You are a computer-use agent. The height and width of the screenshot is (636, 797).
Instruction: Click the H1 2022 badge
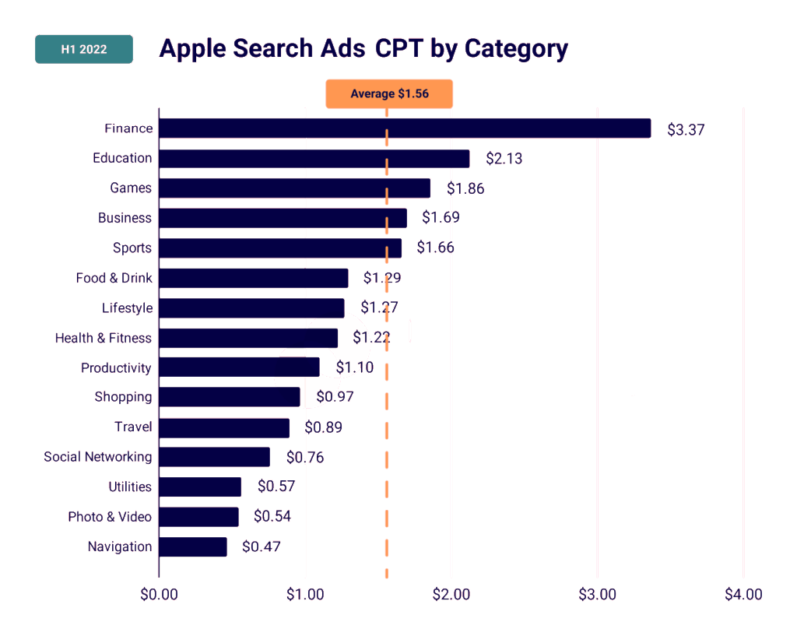click(84, 50)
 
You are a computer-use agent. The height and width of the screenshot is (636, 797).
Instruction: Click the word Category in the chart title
click(516, 48)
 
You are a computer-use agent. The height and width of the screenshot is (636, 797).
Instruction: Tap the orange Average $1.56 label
click(389, 93)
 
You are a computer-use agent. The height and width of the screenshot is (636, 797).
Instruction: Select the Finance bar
click(405, 128)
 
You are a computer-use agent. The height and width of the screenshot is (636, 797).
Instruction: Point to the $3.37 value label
click(686, 130)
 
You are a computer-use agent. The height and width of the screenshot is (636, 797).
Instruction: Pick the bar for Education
click(314, 159)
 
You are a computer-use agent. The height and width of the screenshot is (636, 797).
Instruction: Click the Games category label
click(131, 188)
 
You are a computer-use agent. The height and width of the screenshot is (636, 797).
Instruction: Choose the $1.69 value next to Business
click(441, 218)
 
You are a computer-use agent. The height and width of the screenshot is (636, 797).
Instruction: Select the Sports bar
click(280, 248)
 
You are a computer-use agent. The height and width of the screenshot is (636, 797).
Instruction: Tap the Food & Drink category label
click(114, 278)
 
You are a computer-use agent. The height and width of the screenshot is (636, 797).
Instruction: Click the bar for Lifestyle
click(251, 308)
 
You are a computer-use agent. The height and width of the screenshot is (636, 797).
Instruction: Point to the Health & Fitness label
click(104, 338)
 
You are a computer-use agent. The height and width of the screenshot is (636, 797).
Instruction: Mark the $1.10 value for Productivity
click(354, 367)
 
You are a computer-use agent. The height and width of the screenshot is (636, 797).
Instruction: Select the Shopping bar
click(230, 397)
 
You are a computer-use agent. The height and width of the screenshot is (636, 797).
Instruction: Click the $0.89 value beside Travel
click(323, 427)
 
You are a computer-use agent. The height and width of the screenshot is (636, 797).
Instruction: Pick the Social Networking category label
click(98, 457)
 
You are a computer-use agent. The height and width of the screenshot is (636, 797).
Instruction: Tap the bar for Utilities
click(200, 487)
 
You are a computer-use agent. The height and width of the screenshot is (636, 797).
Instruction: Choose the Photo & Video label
click(110, 517)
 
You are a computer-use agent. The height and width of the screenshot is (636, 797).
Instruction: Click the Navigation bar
click(193, 546)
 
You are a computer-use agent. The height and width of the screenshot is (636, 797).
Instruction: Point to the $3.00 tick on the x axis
click(597, 595)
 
